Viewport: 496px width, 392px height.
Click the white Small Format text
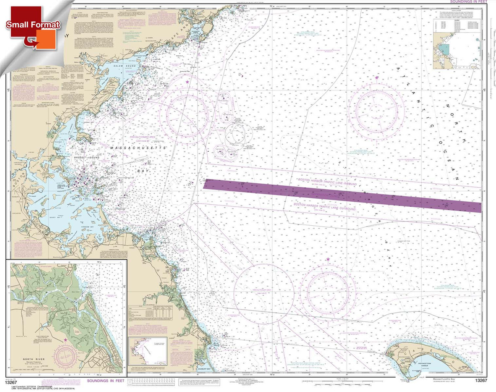(33, 25)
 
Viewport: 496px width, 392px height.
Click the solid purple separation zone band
(341, 194)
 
